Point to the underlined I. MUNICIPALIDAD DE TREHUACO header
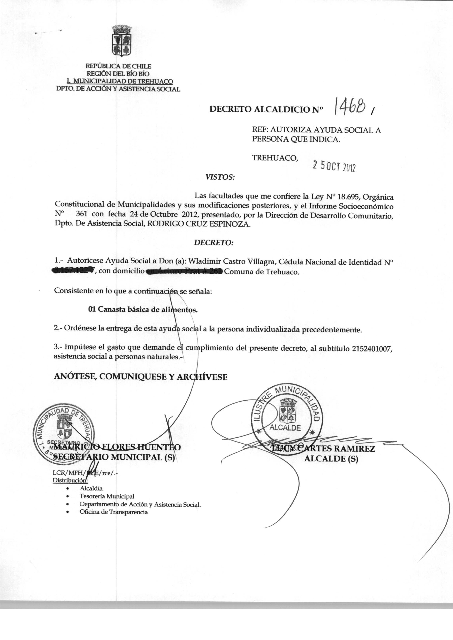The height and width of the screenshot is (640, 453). coord(120,81)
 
